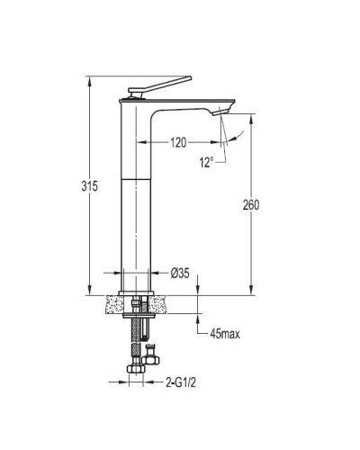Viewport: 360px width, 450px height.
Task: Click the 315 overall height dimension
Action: click(x=90, y=186)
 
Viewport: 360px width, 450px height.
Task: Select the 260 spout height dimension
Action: click(x=251, y=205)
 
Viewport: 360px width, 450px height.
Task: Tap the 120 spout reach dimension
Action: click(x=178, y=142)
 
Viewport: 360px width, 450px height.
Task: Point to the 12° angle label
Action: click(x=206, y=163)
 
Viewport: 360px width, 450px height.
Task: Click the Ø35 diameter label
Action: click(x=180, y=273)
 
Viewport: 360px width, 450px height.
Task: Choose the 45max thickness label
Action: click(x=225, y=334)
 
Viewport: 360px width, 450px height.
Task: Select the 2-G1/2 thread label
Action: click(x=181, y=382)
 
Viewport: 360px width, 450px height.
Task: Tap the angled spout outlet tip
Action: click(x=220, y=112)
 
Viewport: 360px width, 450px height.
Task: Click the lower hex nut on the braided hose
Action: click(x=136, y=368)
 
